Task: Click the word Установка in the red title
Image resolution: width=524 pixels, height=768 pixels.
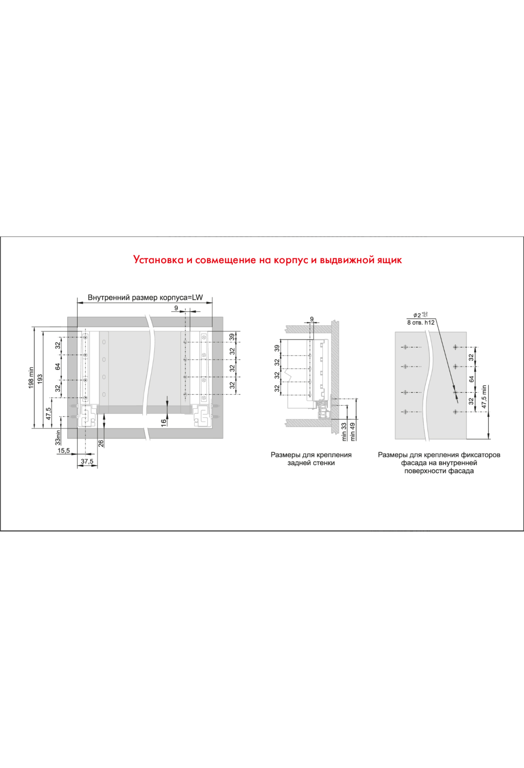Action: (158, 260)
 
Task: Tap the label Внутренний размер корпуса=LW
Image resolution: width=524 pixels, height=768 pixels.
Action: (145, 298)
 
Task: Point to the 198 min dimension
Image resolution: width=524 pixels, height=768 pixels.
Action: (31, 377)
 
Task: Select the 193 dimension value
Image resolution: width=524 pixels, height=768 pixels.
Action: (40, 379)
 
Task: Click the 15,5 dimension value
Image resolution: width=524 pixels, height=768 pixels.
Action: (64, 451)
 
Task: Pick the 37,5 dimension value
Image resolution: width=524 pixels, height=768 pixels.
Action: (87, 461)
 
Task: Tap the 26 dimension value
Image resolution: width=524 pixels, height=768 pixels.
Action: (101, 443)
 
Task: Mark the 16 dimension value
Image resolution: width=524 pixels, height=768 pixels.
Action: (164, 422)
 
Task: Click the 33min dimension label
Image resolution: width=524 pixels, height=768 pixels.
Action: (58, 438)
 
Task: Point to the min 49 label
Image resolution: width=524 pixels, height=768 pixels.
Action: (353, 431)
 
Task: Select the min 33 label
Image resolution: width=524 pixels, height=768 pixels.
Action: (344, 431)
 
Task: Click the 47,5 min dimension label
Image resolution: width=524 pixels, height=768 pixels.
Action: (484, 397)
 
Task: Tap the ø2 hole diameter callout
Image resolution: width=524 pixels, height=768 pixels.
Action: (421, 315)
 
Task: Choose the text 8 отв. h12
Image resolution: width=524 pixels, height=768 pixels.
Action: (421, 322)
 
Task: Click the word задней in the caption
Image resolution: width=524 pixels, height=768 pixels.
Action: (298, 463)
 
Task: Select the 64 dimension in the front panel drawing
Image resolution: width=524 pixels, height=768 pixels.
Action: (472, 379)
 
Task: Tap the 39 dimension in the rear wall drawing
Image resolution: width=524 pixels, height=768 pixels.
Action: (277, 348)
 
